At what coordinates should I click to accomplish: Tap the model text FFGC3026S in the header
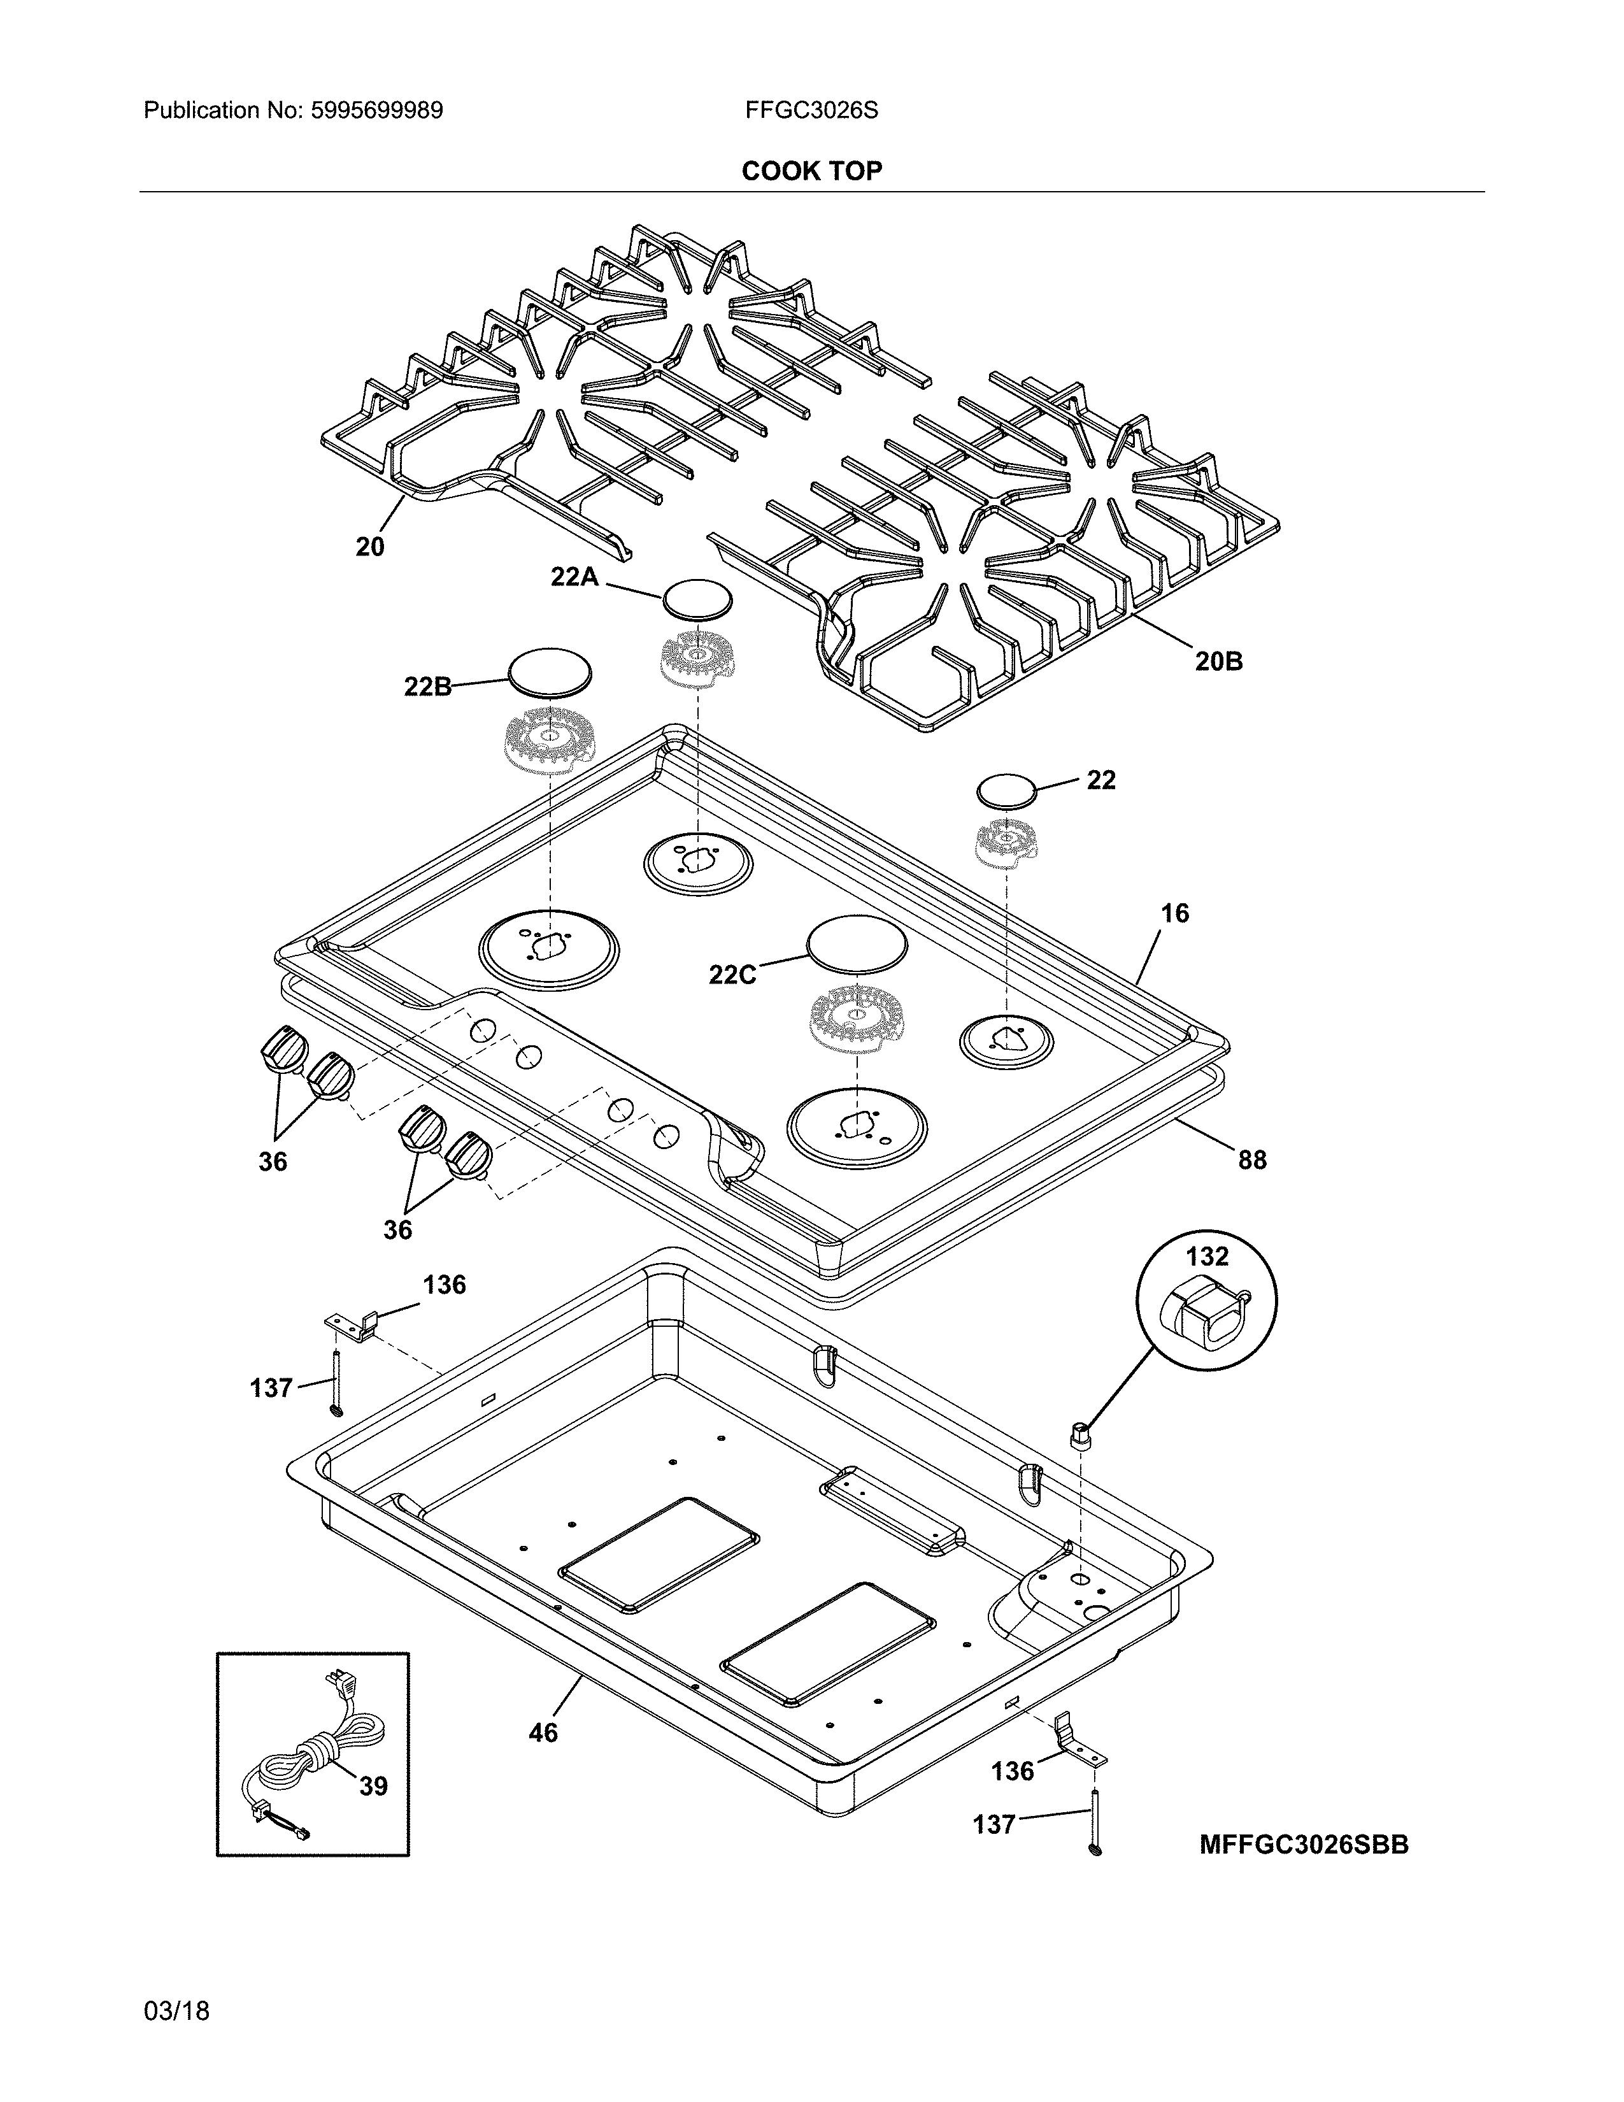[x=810, y=111]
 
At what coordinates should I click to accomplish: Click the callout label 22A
[x=574, y=576]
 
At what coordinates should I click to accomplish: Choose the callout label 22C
[x=732, y=975]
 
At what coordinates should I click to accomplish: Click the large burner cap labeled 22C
[x=856, y=945]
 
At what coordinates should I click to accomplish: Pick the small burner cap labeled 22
[x=1006, y=791]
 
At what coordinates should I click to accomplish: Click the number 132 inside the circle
[x=1206, y=1256]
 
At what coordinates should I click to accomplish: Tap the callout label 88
[x=1251, y=1160]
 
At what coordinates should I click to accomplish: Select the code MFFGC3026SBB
[x=1304, y=1844]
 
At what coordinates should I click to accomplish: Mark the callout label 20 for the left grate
[x=369, y=547]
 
